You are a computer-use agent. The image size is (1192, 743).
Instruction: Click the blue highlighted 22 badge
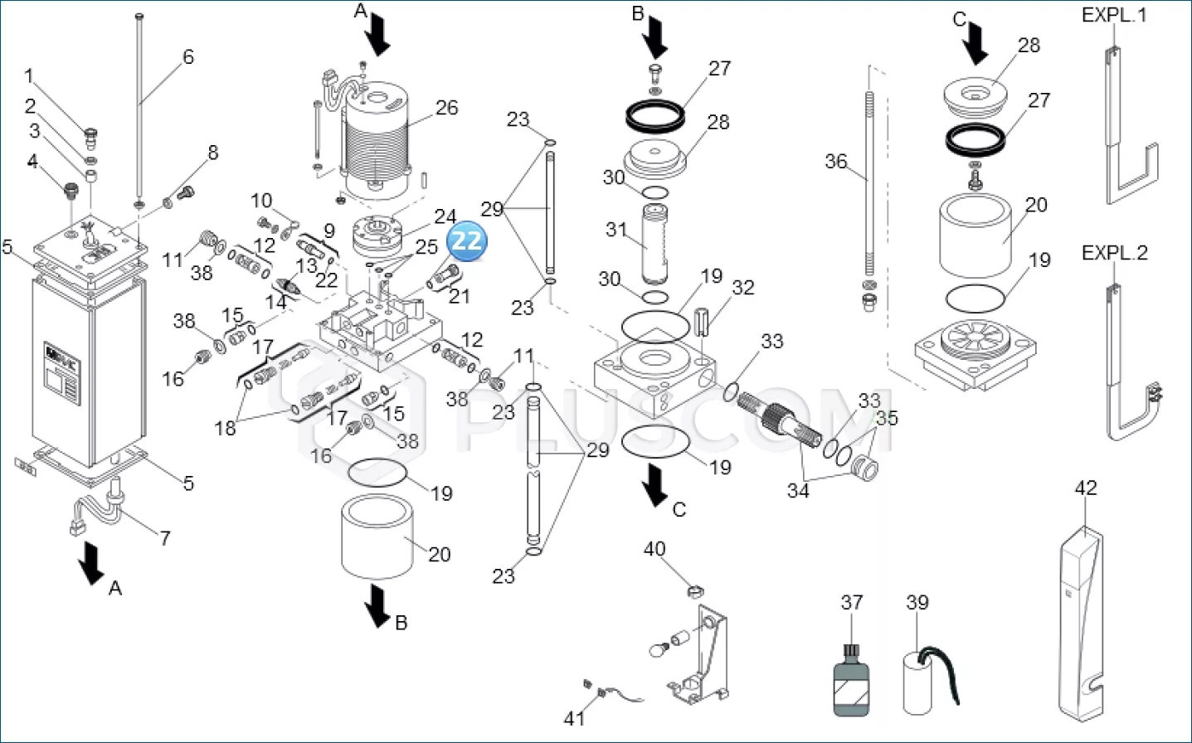[x=466, y=241]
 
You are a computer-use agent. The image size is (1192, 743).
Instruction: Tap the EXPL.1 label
[x=1114, y=16]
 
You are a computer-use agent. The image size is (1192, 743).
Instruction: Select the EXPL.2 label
[x=1114, y=253]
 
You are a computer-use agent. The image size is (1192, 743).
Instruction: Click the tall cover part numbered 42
[x=1082, y=622]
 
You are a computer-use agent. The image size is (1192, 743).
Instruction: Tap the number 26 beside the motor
[x=446, y=108]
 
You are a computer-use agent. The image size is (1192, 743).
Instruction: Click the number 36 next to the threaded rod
[x=836, y=161]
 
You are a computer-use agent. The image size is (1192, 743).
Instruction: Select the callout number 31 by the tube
[x=615, y=229]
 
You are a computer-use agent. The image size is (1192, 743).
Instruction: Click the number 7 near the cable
[x=165, y=537]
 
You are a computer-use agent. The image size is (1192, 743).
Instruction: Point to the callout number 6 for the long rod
[x=188, y=56]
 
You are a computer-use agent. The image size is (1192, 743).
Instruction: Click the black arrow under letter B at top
[x=656, y=37]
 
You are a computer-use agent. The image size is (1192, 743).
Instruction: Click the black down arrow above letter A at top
[x=379, y=36]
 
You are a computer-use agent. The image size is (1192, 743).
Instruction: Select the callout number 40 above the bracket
[x=654, y=549]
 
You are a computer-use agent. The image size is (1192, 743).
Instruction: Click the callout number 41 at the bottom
[x=574, y=718]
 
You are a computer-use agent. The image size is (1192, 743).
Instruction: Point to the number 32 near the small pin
[x=742, y=288]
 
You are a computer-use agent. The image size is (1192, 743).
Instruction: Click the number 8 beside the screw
[x=213, y=153]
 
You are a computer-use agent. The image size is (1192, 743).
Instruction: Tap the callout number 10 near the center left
[x=261, y=201]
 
